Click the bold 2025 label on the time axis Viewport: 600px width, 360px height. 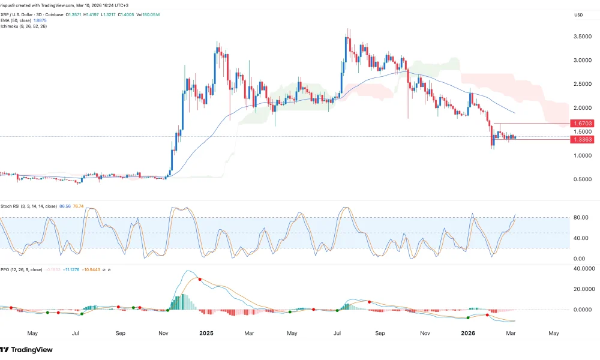(x=206, y=332)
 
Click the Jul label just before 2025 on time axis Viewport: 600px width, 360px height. (x=76, y=332)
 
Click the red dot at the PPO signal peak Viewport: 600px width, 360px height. (x=199, y=279)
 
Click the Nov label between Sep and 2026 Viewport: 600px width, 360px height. (x=425, y=332)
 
